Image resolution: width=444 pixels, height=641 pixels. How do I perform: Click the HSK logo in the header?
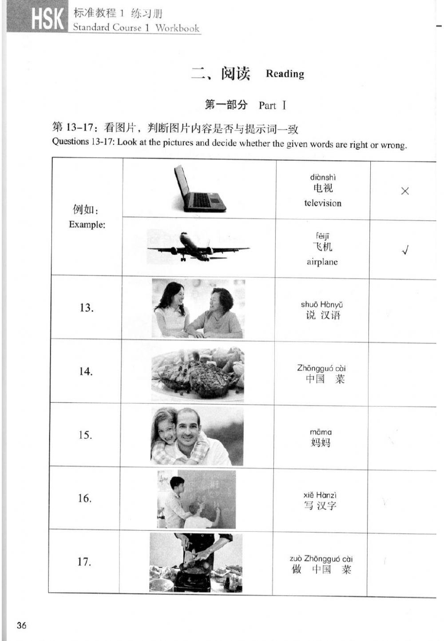(x=47, y=19)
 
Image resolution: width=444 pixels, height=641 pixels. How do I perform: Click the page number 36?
(x=21, y=625)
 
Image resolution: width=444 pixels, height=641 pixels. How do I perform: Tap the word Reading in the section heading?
(x=285, y=74)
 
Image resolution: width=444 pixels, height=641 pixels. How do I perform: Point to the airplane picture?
(x=198, y=247)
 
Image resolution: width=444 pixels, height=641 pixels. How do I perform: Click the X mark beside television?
(x=404, y=191)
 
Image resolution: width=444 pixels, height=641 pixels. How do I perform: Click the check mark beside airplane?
(x=404, y=251)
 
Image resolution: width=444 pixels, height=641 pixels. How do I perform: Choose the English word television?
(x=323, y=203)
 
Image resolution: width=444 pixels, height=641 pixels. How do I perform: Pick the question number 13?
(x=86, y=307)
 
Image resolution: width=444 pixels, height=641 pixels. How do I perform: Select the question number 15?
(x=85, y=435)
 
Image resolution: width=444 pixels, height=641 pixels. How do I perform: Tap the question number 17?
(x=84, y=561)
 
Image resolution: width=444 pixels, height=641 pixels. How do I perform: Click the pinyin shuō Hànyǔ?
(x=322, y=304)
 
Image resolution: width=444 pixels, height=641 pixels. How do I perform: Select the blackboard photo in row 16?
(x=197, y=499)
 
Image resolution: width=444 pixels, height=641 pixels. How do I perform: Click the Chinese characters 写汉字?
(x=320, y=506)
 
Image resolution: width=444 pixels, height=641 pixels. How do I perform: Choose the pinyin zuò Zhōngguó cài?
(x=321, y=559)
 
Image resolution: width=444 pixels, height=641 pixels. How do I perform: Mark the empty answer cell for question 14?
(x=402, y=373)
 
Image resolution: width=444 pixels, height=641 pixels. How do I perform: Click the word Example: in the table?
(x=87, y=224)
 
